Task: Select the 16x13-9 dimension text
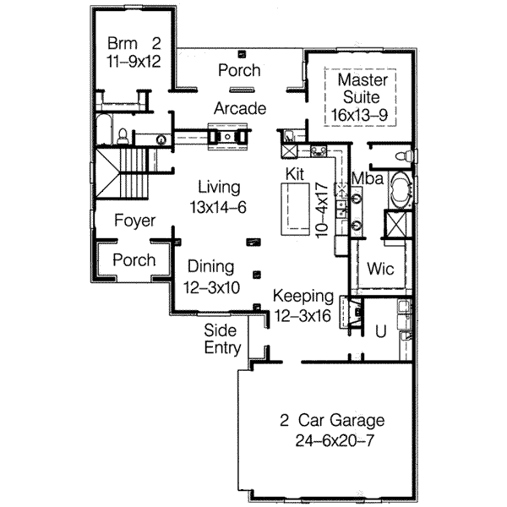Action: (x=363, y=112)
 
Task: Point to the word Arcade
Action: (x=240, y=108)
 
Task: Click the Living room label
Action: (x=219, y=187)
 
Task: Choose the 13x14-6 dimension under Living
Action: (x=218, y=208)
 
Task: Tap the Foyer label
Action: (x=134, y=221)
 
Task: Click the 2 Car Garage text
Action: (x=333, y=420)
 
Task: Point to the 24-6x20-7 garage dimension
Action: (x=333, y=440)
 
